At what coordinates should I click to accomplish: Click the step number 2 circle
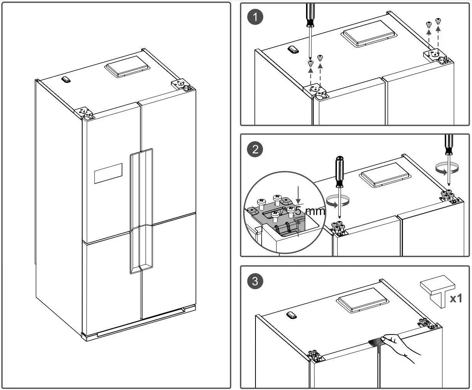[x=255, y=149]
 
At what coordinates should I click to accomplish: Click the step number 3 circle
[x=255, y=281]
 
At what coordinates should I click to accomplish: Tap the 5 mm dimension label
[x=310, y=211]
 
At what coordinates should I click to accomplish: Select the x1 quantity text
[x=455, y=298]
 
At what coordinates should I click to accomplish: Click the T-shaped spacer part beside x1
[x=434, y=292]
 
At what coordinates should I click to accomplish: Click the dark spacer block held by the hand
[x=377, y=342]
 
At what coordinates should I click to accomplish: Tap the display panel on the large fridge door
[x=108, y=173]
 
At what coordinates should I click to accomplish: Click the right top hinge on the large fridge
[x=181, y=84]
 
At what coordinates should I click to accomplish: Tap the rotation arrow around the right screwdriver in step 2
[x=447, y=168]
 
